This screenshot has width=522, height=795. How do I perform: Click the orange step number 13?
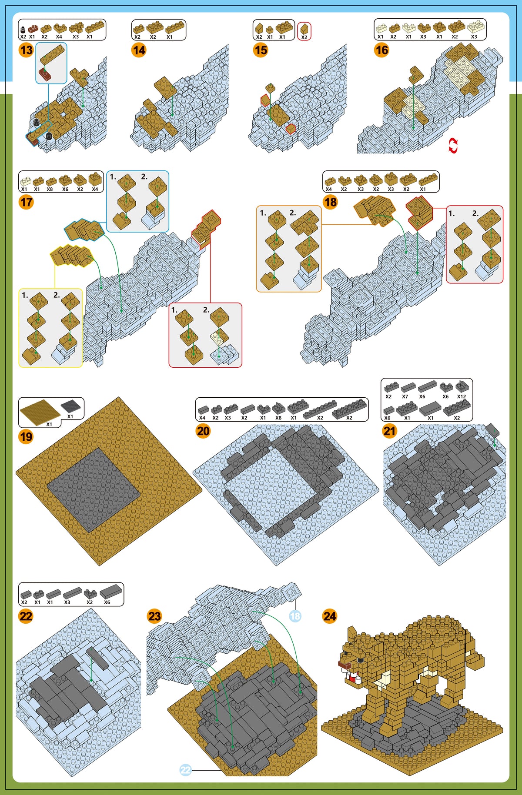pos(26,50)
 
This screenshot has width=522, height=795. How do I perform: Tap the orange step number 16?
pos(381,50)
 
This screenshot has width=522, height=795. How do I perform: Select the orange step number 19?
pos(26,436)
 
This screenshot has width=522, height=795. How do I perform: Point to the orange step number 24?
pos(330,616)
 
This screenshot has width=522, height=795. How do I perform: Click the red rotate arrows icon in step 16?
pos(453,146)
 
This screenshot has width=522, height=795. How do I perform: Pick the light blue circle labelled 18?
pos(295,616)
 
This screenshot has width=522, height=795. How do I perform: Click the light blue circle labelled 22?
pos(185,770)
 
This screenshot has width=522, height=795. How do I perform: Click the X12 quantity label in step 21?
pos(462,396)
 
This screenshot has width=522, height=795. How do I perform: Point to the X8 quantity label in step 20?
pos(278,418)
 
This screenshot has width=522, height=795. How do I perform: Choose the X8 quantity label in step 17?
pos(50,189)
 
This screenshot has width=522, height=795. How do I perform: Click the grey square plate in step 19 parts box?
pos(70,407)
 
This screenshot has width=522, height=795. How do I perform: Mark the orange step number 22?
pos(26,616)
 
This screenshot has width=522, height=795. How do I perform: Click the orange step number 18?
pos(331,202)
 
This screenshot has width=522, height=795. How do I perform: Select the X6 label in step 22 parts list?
pos(107,602)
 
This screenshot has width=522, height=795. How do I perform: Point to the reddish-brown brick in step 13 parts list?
pos(33,29)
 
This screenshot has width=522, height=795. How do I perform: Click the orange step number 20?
pos(203,431)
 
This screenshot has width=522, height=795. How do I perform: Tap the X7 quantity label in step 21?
pos(405,396)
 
